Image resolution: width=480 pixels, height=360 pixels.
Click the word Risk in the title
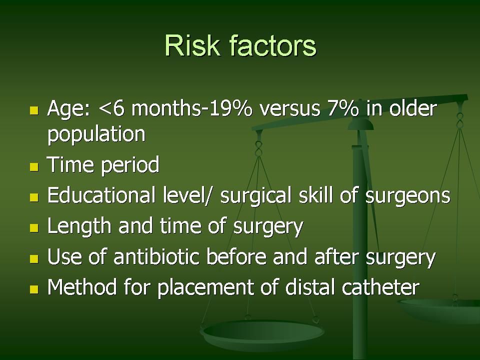[192, 45]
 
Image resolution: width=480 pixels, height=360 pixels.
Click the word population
[96, 134]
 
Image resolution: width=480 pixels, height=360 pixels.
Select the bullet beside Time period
[34, 167]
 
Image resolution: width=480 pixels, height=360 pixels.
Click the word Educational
[101, 195]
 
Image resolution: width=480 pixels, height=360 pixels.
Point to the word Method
[82, 287]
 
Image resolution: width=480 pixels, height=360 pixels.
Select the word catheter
[380, 287]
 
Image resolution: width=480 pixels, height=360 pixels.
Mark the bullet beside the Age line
[34, 110]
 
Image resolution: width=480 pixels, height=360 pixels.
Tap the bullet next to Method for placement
[34, 289]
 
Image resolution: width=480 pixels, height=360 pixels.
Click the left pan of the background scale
[262, 334]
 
